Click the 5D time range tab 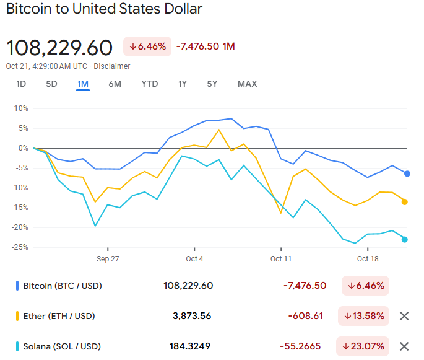click(51, 84)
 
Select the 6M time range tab click(115, 84)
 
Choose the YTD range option click(149, 84)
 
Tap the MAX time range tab click(247, 84)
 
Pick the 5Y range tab click(212, 84)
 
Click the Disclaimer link click(112, 66)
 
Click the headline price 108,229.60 click(59, 48)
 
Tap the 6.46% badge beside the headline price click(147, 46)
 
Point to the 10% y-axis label click(21, 108)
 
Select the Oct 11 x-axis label click(281, 258)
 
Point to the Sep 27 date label click(108, 258)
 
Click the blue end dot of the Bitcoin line click(407, 173)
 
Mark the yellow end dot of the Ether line click(405, 201)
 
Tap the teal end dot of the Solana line click(405, 239)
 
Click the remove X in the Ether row click(404, 316)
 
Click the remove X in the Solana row click(404, 346)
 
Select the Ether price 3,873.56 click(192, 316)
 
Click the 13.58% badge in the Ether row click(363, 316)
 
